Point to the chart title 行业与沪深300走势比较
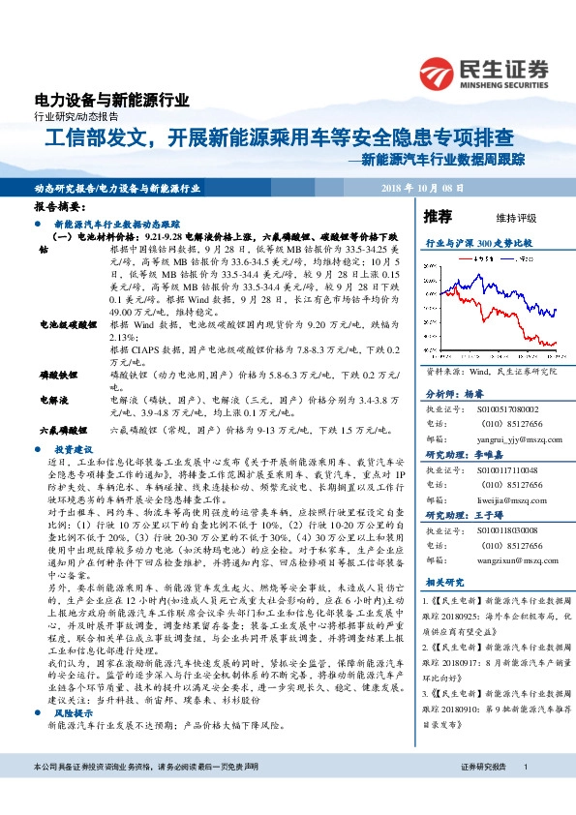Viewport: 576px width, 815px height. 473,244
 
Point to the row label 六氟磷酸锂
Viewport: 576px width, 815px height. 61,427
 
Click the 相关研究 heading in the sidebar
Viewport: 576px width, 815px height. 447,583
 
